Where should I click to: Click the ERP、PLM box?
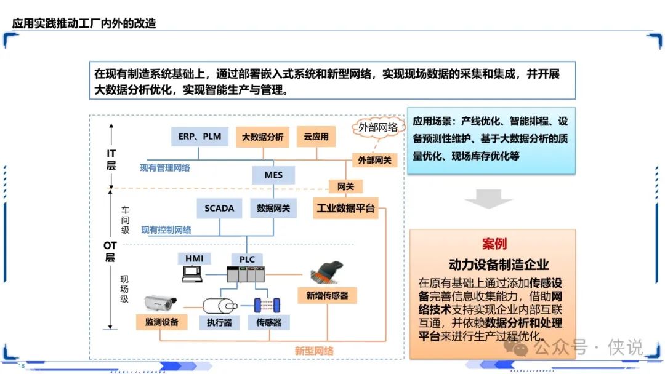[x=199, y=137]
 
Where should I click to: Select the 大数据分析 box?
[x=262, y=137]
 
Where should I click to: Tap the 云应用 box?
[x=316, y=137]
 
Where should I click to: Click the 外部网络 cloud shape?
[x=377, y=127]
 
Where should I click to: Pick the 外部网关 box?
[x=374, y=160]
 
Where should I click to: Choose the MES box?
[x=273, y=175]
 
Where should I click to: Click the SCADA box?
[x=219, y=209]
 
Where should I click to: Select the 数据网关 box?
[x=273, y=209]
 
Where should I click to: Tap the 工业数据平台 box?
[x=345, y=208]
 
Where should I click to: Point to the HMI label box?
[x=194, y=258]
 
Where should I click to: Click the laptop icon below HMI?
[x=192, y=274]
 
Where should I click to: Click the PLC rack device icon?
[x=246, y=274]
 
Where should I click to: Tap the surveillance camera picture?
[x=160, y=303]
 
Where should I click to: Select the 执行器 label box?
[x=219, y=322]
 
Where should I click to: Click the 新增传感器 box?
[x=327, y=295]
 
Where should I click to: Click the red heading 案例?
[x=494, y=244]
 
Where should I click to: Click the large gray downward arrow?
[x=488, y=199]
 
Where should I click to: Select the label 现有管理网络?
[x=165, y=168]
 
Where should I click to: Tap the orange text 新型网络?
[x=314, y=351]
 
